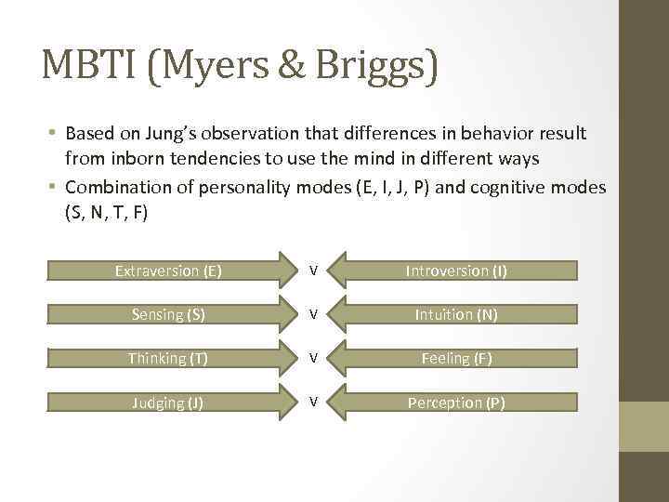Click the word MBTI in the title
[85, 68]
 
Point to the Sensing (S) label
[169, 315]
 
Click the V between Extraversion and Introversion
[314, 271]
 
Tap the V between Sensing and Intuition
[314, 315]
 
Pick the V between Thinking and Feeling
[314, 359]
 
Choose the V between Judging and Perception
[314, 403]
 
